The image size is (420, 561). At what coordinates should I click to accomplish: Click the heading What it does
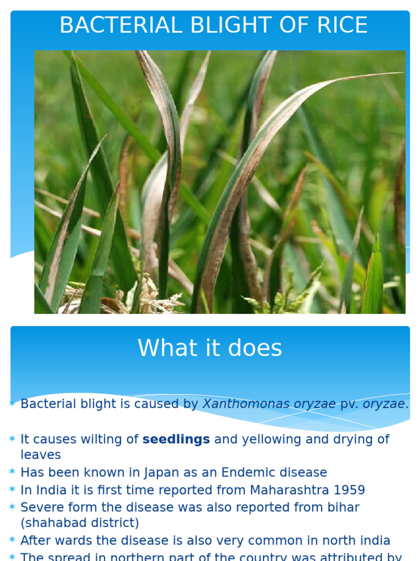(x=210, y=348)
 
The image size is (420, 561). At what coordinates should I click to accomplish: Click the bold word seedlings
(x=176, y=439)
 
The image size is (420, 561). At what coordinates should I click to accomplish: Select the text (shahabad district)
(x=80, y=523)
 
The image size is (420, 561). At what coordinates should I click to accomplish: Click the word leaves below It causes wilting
(x=40, y=455)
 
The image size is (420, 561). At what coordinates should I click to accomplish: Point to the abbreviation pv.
(x=349, y=404)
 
